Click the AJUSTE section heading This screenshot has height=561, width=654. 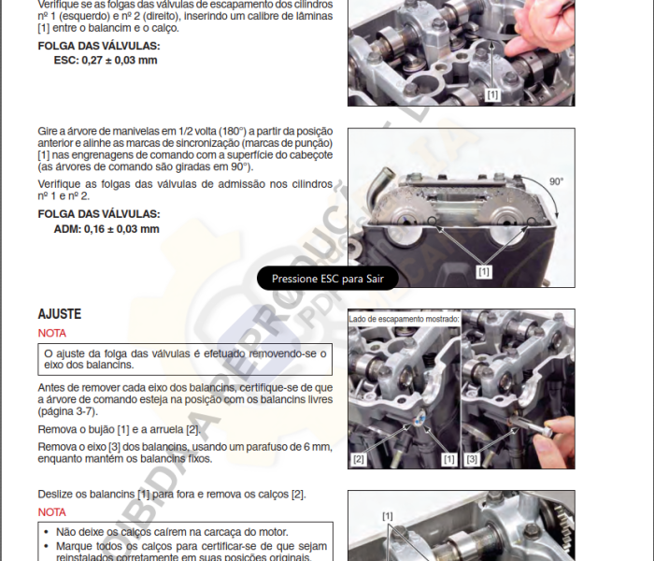click(x=59, y=314)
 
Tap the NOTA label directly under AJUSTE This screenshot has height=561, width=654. click(x=52, y=333)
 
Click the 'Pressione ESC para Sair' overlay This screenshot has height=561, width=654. click(x=327, y=279)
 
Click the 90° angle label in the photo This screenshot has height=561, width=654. click(x=557, y=181)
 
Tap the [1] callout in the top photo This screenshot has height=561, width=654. click(x=492, y=94)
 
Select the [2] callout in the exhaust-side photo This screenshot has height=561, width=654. click(x=360, y=459)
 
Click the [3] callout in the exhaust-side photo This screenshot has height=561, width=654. click(x=472, y=459)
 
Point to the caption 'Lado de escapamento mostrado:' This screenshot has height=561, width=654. click(x=404, y=319)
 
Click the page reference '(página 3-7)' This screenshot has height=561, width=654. click(x=68, y=410)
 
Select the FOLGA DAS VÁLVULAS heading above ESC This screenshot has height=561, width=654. click(x=98, y=45)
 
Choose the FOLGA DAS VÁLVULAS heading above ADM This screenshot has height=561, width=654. click(x=98, y=213)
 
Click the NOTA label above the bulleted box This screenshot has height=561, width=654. click(x=52, y=512)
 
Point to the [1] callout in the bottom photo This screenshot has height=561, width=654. click(x=388, y=515)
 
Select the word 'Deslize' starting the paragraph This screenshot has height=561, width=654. click(x=57, y=494)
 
